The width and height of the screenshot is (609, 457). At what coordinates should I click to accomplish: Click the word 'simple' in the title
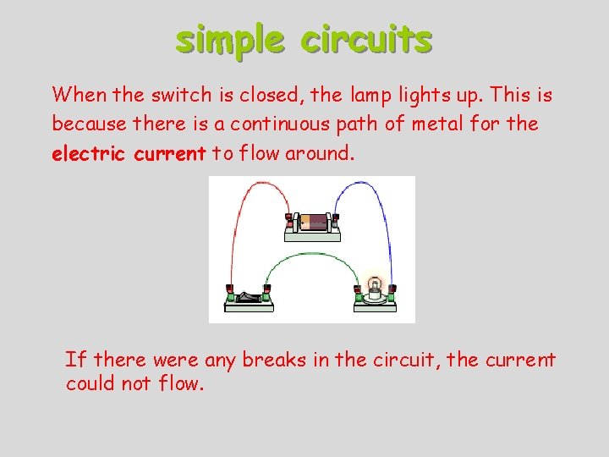coord(230,39)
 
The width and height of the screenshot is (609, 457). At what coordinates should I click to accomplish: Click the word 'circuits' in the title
coord(367,39)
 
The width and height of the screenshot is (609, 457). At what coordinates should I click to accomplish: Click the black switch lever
coord(247,295)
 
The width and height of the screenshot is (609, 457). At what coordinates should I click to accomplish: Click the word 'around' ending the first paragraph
coord(321,153)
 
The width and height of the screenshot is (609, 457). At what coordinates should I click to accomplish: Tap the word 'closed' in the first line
coord(250,94)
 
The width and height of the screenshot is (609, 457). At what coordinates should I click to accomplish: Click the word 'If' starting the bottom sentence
coord(74,360)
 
